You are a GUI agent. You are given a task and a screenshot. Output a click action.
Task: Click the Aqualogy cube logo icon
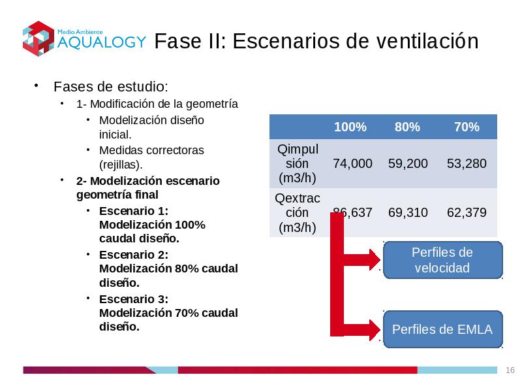pos(38,39)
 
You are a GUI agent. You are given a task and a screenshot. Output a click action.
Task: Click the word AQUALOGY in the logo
pos(102,42)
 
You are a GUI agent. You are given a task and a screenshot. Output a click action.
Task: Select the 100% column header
pos(350,127)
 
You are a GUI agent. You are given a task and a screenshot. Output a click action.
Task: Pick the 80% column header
pos(407,127)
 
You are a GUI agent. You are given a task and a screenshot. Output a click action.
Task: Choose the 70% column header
pos(467,127)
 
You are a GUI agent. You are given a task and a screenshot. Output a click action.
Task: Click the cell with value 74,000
pos(352,163)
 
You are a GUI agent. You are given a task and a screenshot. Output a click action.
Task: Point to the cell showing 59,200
pos(408,163)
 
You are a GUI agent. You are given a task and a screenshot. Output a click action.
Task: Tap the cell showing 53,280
pos(467,163)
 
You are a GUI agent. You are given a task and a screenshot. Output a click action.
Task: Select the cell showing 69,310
pos(408,212)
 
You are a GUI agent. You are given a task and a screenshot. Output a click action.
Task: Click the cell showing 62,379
pos(467,212)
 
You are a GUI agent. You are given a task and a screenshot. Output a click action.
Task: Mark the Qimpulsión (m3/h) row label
pos(298,163)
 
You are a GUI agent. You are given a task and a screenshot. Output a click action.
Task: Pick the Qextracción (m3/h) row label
pos(298,213)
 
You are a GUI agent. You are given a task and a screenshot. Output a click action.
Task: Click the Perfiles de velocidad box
pos(443,260)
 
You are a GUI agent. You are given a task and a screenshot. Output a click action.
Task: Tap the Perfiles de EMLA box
pos(443,329)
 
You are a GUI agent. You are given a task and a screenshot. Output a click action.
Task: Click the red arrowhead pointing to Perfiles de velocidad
pos(375,259)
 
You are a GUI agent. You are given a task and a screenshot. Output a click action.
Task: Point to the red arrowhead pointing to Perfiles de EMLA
pos(375,330)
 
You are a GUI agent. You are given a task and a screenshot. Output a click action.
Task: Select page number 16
pos(510,370)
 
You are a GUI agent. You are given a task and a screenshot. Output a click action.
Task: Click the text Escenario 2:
pos(134,255)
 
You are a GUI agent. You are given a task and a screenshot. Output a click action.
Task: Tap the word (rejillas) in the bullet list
pos(121,165)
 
